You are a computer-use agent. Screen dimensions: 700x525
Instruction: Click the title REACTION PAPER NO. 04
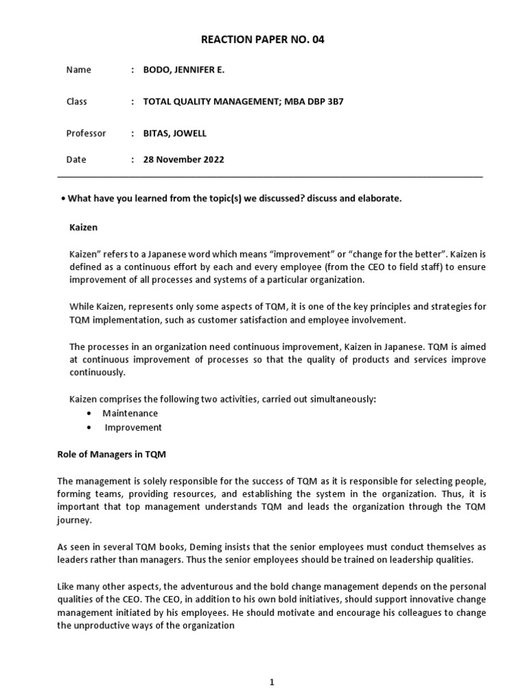point(262,40)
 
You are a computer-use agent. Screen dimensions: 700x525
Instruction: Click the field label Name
point(79,70)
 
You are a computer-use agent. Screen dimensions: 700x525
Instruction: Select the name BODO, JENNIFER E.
point(183,70)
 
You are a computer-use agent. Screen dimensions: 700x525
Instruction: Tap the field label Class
point(77,102)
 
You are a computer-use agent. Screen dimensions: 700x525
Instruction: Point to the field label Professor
point(86,133)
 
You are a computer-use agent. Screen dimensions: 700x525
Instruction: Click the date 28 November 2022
point(183,160)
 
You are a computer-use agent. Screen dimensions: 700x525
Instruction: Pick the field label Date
point(77,160)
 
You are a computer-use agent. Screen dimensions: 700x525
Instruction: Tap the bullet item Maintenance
point(130,414)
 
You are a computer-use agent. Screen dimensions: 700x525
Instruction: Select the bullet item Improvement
point(133,428)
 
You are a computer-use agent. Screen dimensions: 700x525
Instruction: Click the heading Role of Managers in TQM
point(111,454)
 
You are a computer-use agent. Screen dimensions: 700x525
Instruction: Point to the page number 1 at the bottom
point(271,662)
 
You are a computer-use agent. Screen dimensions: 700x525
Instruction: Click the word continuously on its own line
point(97,373)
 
